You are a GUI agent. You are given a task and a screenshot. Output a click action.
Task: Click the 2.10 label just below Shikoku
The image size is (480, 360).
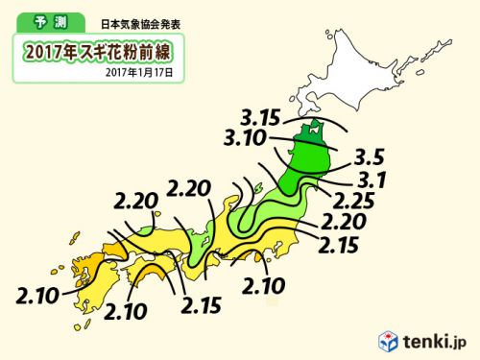coord(126,310)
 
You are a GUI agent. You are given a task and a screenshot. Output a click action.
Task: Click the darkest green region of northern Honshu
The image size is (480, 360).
coord(307,154)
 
